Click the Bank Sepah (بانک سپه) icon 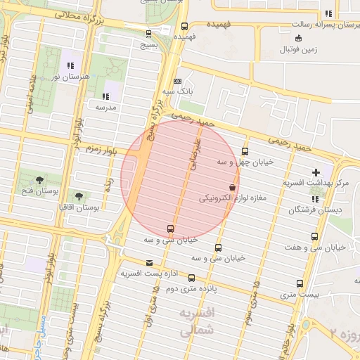[177, 81]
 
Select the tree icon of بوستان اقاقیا [79, 195]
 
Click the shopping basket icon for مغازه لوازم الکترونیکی [233, 187]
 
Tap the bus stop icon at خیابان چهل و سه [245, 151]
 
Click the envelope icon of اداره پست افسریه [148, 262]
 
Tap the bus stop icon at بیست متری [300, 283]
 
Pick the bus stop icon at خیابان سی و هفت [314, 236]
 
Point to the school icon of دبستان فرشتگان [314, 199]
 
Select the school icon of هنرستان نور [70, 65]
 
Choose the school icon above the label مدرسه [105, 96]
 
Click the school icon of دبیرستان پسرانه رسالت [328, 13]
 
